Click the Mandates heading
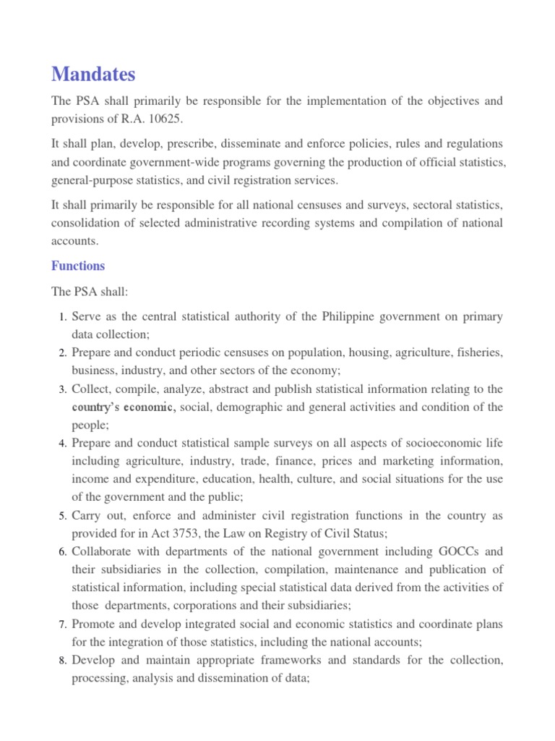93,74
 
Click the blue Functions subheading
78,266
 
